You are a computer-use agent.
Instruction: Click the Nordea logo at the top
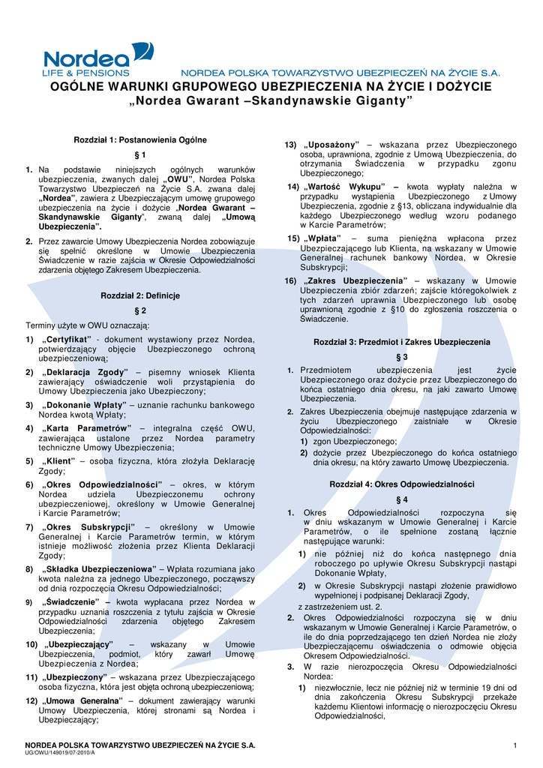point(97,61)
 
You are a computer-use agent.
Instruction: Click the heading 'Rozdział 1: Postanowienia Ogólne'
point(139,140)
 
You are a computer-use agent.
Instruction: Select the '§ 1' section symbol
point(139,155)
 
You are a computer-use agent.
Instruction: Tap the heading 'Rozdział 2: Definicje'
point(139,295)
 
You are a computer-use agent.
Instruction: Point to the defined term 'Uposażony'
point(332,144)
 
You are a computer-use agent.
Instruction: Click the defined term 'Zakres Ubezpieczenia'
point(353,280)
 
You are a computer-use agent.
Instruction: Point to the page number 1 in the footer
point(516,744)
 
